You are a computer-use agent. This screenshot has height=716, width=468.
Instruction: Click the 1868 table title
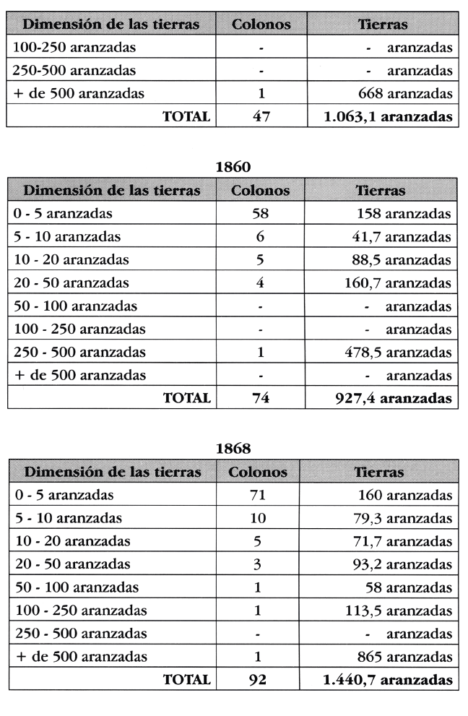tap(233, 449)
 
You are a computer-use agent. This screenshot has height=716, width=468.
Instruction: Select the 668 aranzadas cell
tap(405, 93)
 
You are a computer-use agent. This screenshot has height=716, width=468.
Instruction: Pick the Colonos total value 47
tap(261, 116)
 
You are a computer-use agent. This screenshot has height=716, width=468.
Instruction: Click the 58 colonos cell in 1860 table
tap(261, 215)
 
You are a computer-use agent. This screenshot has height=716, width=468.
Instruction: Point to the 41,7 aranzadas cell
tap(409, 236)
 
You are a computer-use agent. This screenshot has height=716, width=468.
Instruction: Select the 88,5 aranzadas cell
tap(409, 259)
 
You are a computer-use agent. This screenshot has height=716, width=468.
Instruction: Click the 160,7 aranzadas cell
tap(404, 282)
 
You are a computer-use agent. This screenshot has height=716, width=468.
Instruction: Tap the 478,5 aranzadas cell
tap(404, 353)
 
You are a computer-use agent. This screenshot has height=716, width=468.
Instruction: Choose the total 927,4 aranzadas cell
tap(399, 397)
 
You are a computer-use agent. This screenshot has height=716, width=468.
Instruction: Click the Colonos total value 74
tap(261, 397)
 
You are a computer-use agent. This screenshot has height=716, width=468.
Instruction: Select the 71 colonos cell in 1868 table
tap(261, 496)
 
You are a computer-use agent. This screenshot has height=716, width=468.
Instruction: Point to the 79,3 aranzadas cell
tap(409, 518)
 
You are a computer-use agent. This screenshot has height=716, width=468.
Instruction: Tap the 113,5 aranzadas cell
tap(404, 611)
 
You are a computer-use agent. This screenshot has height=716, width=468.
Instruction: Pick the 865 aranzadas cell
tap(405, 657)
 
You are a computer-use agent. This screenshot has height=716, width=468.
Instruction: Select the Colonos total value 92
tap(261, 679)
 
